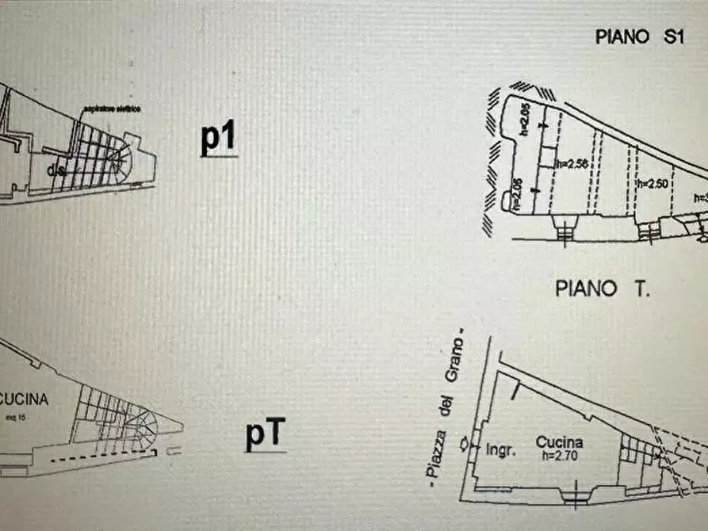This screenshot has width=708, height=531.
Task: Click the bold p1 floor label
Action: pyautogui.click(x=217, y=139)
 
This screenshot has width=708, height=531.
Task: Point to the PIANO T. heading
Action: pyautogui.click(x=603, y=288)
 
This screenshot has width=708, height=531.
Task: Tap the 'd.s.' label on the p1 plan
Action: pyautogui.click(x=55, y=170)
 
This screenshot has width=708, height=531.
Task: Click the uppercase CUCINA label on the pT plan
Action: pyautogui.click(x=24, y=399)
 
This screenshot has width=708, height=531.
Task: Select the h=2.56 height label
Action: pyautogui.click(x=571, y=164)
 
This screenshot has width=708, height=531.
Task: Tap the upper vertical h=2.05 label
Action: pyautogui.click(x=525, y=122)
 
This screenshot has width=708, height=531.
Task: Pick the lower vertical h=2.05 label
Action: pyautogui.click(x=517, y=193)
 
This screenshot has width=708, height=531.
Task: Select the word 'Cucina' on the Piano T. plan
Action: pyautogui.click(x=559, y=442)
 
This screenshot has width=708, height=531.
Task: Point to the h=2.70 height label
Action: pyautogui.click(x=559, y=457)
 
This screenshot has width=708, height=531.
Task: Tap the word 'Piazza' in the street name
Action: pyautogui.click(x=434, y=455)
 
